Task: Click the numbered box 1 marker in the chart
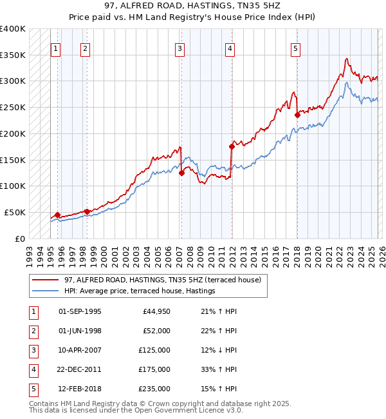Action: (x=56, y=48)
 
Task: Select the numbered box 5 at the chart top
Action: (x=295, y=48)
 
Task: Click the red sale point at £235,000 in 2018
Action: (x=297, y=115)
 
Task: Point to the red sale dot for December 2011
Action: (x=232, y=146)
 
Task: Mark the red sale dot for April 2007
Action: (x=181, y=173)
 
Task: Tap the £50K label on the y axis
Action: (x=15, y=212)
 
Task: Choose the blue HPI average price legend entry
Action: (x=139, y=291)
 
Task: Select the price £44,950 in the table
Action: (x=156, y=311)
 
